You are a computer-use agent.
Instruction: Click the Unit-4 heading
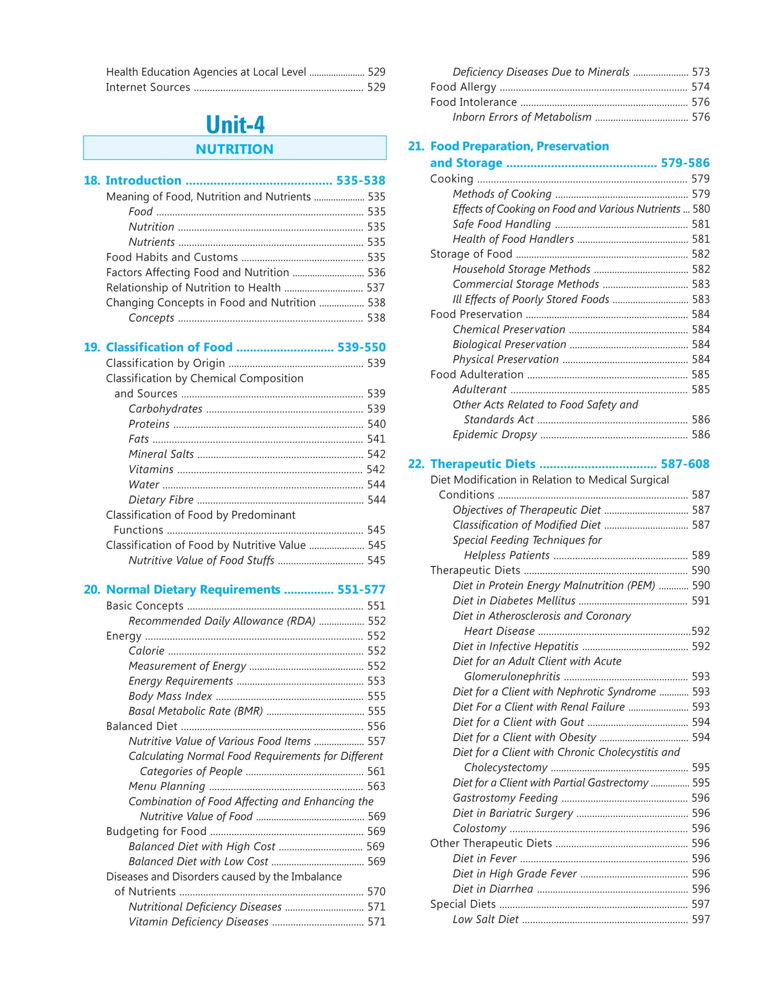(235, 124)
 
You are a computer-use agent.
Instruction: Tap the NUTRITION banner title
(234, 149)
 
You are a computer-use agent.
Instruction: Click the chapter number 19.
(92, 347)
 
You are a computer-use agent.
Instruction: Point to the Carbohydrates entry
(166, 409)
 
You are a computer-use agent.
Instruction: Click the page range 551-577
(361, 590)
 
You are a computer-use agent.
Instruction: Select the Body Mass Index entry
(170, 696)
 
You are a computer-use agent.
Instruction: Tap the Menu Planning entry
(167, 786)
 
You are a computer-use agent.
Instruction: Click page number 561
(376, 771)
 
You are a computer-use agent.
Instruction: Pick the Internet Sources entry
(148, 87)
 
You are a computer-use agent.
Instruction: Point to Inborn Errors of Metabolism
(522, 117)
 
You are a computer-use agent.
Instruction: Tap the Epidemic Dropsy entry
(494, 435)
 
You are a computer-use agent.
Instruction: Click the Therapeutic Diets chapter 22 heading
(483, 464)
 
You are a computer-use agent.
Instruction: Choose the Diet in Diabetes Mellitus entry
(514, 601)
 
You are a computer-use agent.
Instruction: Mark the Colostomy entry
(479, 828)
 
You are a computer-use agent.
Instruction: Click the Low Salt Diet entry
(485, 919)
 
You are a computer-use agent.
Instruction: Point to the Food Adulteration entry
(477, 374)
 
